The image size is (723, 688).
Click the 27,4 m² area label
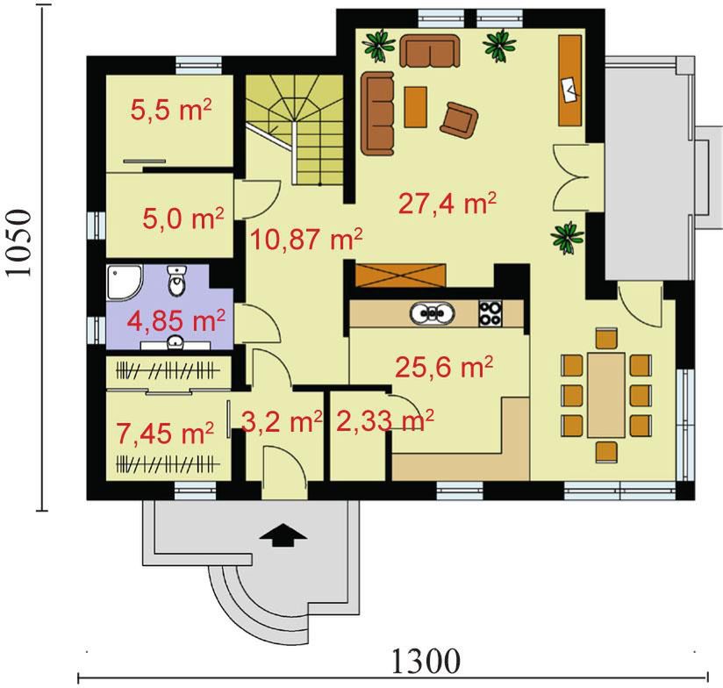click(x=447, y=204)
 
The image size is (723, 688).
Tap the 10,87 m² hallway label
click(x=305, y=239)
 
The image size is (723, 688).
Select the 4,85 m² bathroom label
click(x=176, y=320)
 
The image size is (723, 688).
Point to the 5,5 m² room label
click(x=171, y=111)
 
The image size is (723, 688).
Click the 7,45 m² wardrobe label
click(x=165, y=434)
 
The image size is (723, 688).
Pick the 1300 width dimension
click(x=426, y=661)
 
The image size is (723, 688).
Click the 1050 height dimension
click(x=19, y=243)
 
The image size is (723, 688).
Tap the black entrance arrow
click(x=283, y=535)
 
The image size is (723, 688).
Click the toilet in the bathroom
click(x=177, y=280)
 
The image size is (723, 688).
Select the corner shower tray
click(x=124, y=282)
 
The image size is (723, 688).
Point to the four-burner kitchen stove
click(x=490, y=313)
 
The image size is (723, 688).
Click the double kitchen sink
click(x=432, y=314)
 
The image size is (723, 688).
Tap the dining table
click(x=606, y=395)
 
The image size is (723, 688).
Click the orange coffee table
click(x=415, y=106)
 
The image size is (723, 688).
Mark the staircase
click(x=295, y=130)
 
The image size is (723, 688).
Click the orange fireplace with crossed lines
click(x=401, y=275)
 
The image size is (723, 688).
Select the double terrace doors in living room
click(x=571, y=177)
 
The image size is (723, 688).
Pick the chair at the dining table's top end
click(x=606, y=338)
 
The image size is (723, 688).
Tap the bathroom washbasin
click(x=175, y=342)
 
